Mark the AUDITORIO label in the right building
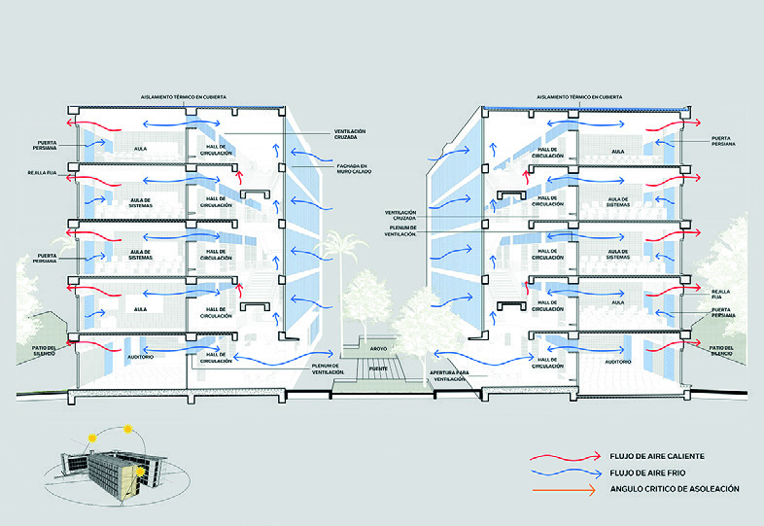pyautogui.click(x=619, y=360)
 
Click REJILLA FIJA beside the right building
pyautogui.click(x=720, y=293)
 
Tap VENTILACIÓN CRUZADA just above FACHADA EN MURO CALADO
pyautogui.click(x=350, y=134)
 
